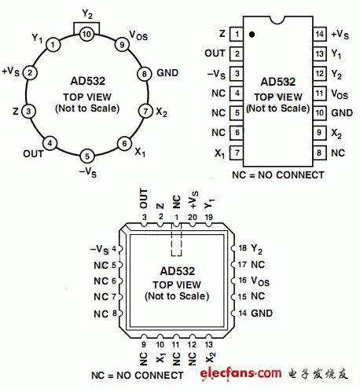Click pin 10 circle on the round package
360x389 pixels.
pos(86,34)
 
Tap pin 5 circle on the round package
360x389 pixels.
pos(87,156)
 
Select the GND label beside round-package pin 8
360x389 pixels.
pos(167,73)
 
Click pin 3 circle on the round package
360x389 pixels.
pos(28,111)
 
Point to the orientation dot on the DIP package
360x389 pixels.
pos(252,35)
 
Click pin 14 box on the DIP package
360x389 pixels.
pos(320,34)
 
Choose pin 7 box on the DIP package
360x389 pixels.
pos(237,152)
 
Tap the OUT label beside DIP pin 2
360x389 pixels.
pos(215,53)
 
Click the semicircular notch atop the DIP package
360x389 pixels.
pos(277,20)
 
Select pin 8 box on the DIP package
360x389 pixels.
pos(320,152)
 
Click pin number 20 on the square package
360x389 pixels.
pos(193,217)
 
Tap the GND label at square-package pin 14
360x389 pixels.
pos(262,313)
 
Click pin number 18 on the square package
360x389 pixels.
pos(242,248)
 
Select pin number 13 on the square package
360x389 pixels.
pos(208,344)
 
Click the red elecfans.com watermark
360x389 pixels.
pos(241,373)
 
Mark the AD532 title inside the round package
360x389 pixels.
pos(88,81)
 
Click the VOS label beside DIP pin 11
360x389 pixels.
pos(340,94)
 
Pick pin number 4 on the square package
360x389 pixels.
pos(114,248)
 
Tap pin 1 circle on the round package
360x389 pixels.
pos(53,45)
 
